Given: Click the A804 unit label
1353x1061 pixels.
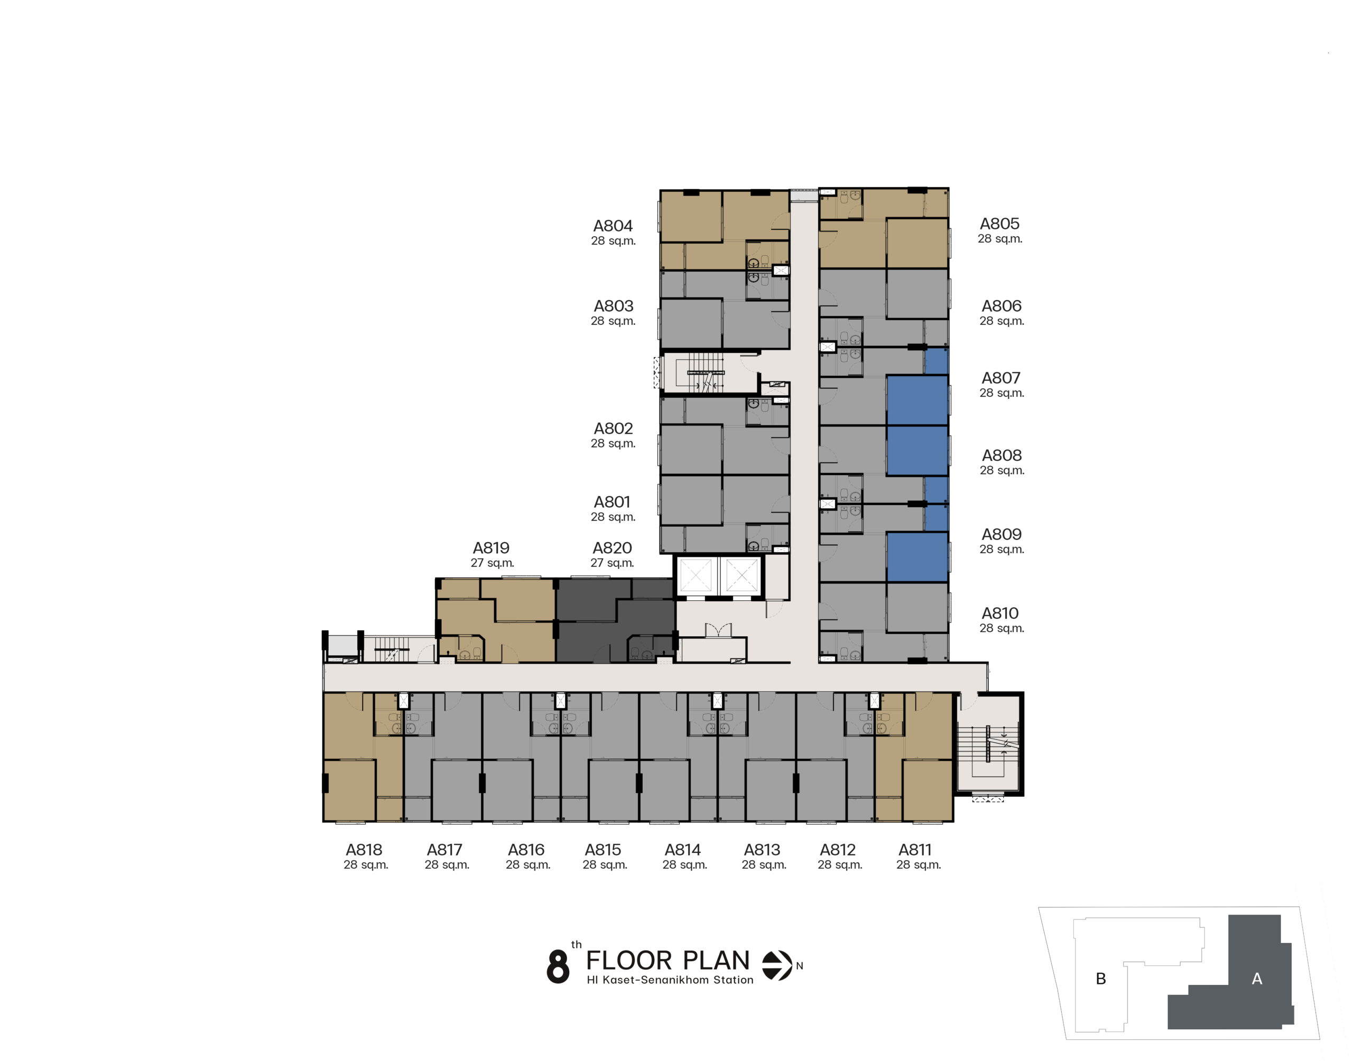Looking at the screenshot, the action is (613, 226).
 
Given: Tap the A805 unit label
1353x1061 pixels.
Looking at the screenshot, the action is (999, 224).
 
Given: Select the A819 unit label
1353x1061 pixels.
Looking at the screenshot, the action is (491, 548).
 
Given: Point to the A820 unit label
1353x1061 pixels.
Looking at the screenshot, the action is (612, 548).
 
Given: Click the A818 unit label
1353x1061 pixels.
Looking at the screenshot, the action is (364, 850).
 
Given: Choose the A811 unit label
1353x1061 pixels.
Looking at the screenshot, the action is (915, 850).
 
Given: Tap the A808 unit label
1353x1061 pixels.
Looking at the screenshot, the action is (1002, 455).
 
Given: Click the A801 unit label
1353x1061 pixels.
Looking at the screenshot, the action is (612, 502).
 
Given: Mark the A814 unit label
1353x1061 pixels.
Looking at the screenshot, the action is (683, 850).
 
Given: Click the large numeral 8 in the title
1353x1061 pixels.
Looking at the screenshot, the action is (558, 966).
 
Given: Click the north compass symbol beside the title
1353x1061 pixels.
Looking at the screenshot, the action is (777, 965).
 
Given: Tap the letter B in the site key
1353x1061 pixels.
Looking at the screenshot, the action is (1101, 979).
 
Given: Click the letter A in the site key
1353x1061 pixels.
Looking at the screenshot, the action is (1257, 979).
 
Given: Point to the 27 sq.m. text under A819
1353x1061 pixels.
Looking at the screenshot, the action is (492, 563).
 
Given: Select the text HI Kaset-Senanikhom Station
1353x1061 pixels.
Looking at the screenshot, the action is (670, 980).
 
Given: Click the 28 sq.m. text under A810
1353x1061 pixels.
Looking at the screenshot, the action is (1002, 628).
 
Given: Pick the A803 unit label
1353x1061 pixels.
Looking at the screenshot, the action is (613, 306).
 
